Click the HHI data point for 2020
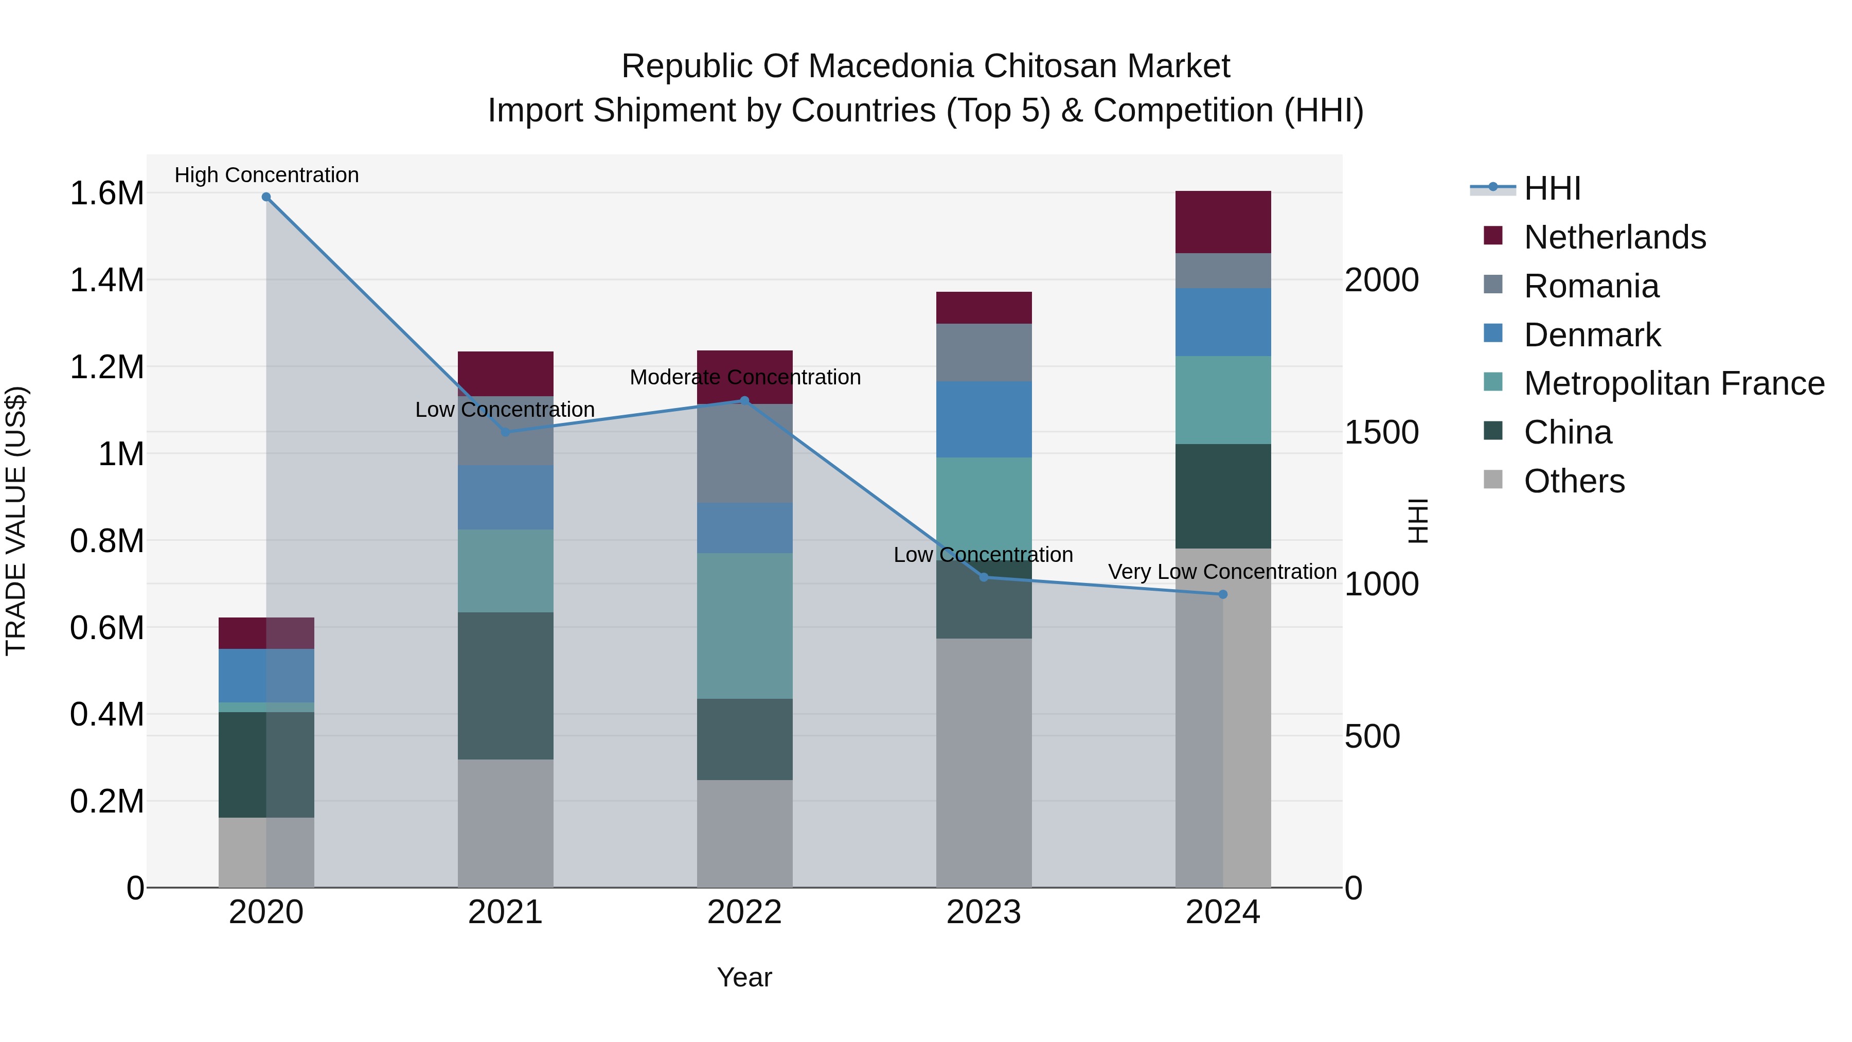click(266, 197)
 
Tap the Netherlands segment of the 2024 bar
click(1223, 222)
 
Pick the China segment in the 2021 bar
click(505, 685)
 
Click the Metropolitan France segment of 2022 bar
click(745, 626)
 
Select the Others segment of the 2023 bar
click(984, 762)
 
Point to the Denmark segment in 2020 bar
click(266, 676)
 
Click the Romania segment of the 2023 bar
click(984, 352)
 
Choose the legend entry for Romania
click(1591, 286)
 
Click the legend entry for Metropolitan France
click(1673, 383)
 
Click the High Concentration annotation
click(266, 175)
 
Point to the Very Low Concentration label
click(1222, 572)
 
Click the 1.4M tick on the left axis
click(106, 280)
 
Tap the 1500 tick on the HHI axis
click(1381, 432)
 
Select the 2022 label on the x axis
click(745, 912)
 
